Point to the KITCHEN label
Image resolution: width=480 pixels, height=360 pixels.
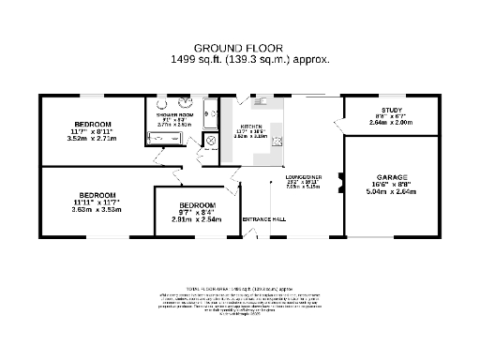click(x=251, y=127)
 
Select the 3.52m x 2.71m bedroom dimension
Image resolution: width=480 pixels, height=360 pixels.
click(x=92, y=139)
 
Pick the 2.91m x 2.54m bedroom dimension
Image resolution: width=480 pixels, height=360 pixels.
click(x=197, y=219)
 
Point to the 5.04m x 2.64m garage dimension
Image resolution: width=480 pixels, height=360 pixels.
click(x=393, y=192)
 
